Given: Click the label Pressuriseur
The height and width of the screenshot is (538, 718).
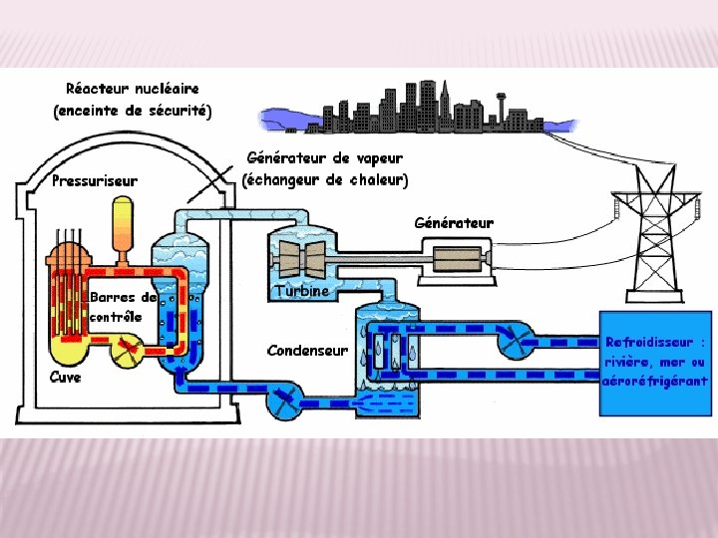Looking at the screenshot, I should [x=95, y=180].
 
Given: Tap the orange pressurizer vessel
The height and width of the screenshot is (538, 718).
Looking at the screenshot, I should [x=124, y=224].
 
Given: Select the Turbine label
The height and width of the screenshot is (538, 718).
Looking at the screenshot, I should [x=300, y=290].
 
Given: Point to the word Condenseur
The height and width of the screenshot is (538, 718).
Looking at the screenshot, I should [x=307, y=350].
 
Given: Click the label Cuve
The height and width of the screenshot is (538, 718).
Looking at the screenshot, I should [x=65, y=377].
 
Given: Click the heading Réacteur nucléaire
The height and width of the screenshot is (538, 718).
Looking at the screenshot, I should [x=133, y=89].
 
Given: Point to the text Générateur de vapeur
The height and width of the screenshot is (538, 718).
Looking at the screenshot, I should [x=325, y=158].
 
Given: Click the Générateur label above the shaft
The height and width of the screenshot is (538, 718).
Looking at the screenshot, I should [x=454, y=222].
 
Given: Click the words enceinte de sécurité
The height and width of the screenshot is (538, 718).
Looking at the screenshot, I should [x=133, y=111].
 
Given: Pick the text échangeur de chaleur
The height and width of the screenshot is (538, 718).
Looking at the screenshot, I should [x=326, y=180].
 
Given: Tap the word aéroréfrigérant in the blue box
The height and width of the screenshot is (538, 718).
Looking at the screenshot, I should [x=654, y=381].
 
